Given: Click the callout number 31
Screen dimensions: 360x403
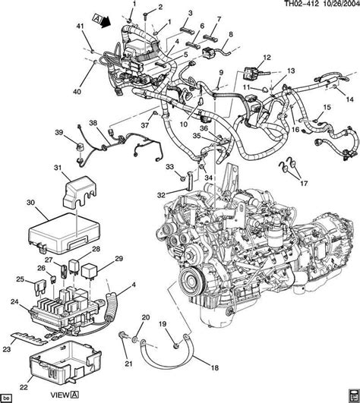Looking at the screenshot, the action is (x=58, y=168).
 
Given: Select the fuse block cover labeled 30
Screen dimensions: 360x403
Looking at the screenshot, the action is (x=64, y=232).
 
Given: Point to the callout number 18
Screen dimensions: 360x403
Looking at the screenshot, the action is (x=215, y=368).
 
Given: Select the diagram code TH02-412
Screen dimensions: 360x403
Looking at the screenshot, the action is (x=302, y=4).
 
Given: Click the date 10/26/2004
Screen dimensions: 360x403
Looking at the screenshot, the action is (x=340, y=4).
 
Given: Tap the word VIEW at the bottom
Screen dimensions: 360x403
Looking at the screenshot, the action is (x=60, y=395).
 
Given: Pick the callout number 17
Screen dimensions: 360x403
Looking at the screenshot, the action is (x=304, y=183).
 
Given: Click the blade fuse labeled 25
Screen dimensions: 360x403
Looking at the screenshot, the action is (x=40, y=286).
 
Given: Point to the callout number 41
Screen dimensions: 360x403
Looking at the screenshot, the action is (x=81, y=26).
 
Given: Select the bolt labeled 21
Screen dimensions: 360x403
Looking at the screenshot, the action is (x=122, y=336).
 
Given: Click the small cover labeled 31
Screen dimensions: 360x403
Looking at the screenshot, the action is (x=80, y=191).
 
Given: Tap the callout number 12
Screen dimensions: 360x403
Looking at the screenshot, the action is (x=267, y=58).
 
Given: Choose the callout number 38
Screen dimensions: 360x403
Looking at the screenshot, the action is (x=93, y=123).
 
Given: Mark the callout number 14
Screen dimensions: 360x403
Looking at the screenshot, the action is (x=350, y=99).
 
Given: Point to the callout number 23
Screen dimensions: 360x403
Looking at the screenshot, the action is (x=6, y=349).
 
